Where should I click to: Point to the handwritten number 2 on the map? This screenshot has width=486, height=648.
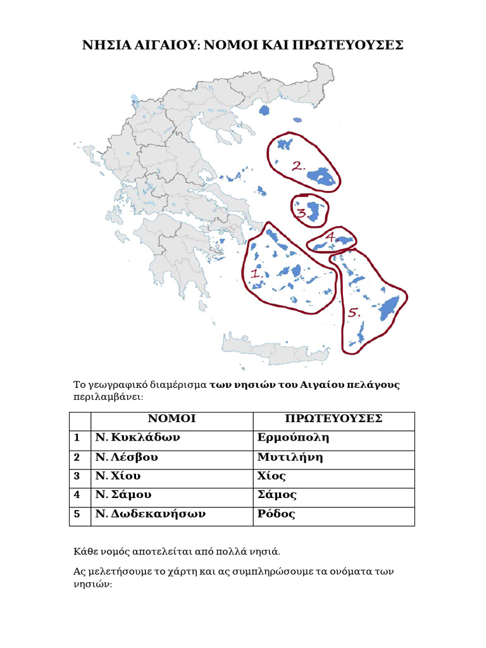point(298,167)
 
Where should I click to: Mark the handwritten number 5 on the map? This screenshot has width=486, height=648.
point(354,313)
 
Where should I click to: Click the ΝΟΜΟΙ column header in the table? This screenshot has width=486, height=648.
point(171,419)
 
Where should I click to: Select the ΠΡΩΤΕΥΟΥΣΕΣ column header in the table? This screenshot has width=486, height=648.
point(333,419)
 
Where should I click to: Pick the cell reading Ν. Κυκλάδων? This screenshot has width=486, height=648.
point(138,438)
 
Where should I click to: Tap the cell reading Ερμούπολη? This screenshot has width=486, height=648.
point(294,438)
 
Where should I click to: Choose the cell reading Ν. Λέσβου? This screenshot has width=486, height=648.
point(127,457)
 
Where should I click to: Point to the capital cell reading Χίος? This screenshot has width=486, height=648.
point(272,476)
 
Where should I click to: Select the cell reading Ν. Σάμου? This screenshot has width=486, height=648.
point(124,495)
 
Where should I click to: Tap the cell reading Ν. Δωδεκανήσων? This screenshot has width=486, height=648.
point(151,514)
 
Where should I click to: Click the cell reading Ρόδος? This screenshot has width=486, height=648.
point(277,514)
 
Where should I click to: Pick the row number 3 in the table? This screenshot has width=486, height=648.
point(77,476)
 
